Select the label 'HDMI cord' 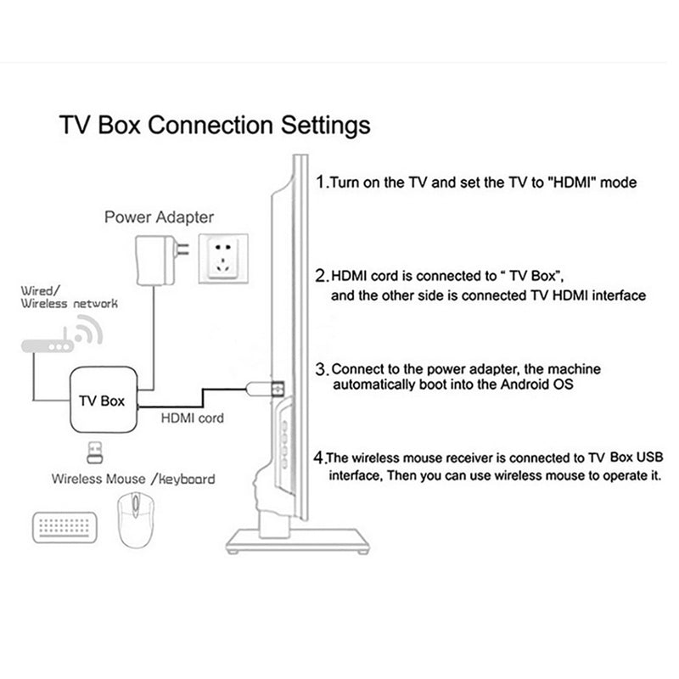[192, 418]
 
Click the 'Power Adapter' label [159, 216]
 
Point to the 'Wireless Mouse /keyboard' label [132, 479]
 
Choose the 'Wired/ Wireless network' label [69, 296]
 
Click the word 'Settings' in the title [317, 126]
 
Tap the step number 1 [320, 182]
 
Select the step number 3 [321, 370]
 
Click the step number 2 [321, 277]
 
